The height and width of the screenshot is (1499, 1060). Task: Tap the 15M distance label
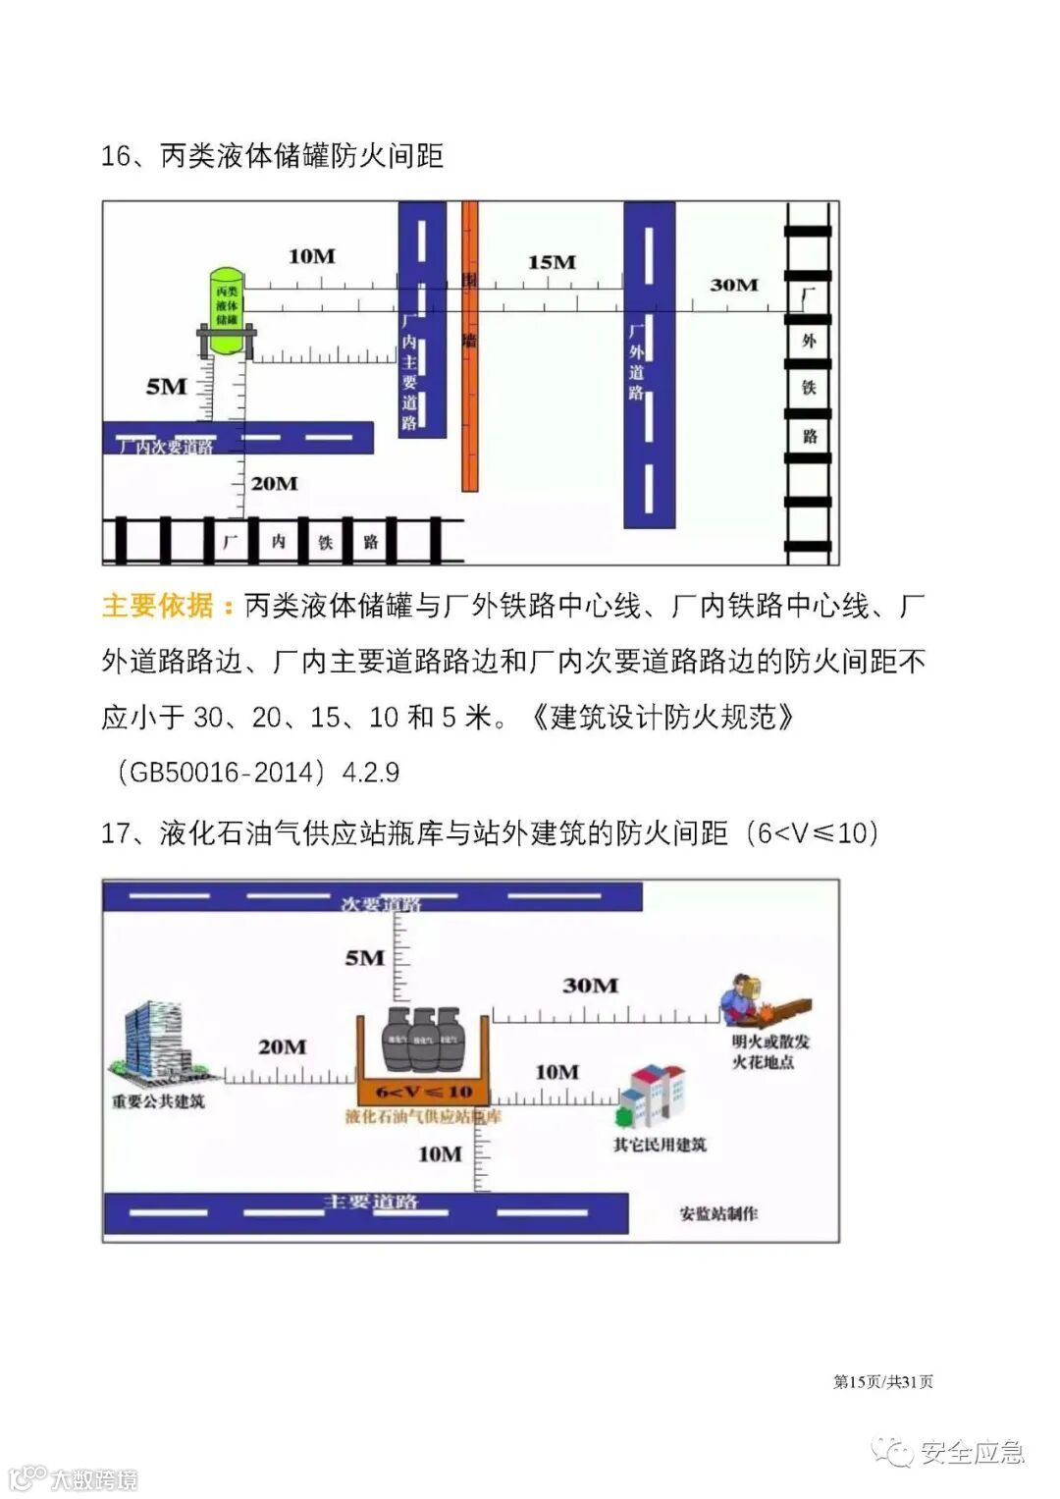coord(552,262)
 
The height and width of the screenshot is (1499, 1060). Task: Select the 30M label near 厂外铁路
coord(734,285)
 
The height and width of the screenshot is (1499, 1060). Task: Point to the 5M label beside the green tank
coord(166,387)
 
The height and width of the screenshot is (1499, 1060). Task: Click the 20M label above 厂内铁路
coord(274,483)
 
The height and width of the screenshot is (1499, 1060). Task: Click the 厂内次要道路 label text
coord(165,447)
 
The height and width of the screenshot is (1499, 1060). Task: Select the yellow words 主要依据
coord(158,606)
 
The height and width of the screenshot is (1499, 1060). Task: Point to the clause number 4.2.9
coord(370,773)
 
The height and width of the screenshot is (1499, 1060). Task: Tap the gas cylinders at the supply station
coord(423,1039)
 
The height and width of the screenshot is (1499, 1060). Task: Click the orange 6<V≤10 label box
coord(423,1092)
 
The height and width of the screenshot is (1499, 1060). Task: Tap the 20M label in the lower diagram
coord(282,1047)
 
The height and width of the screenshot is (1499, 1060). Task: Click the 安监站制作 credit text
coord(718,1213)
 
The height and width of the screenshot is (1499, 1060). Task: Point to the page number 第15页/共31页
coord(883,1381)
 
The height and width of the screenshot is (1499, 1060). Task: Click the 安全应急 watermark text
coord(972,1452)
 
